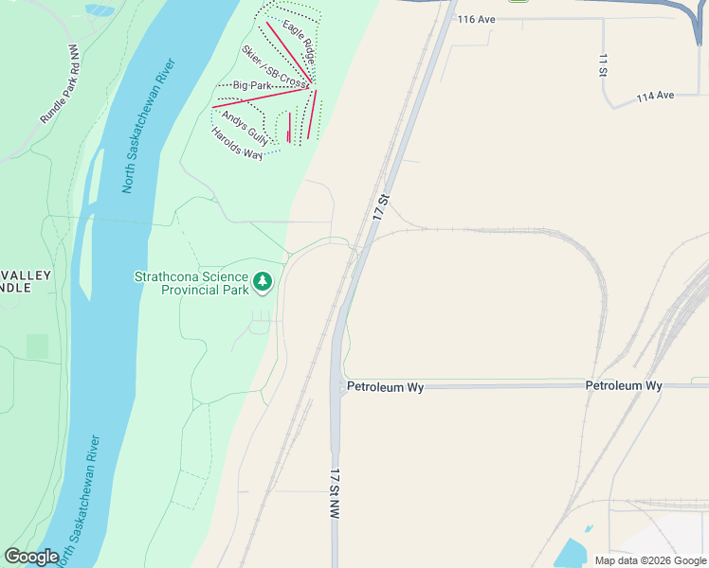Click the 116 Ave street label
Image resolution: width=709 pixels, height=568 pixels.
(x=477, y=19)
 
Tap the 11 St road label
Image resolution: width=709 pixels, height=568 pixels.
(x=602, y=64)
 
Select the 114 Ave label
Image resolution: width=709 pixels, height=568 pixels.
(x=655, y=97)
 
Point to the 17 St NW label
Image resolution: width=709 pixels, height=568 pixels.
(x=335, y=492)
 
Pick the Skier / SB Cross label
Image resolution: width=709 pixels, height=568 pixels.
(x=275, y=68)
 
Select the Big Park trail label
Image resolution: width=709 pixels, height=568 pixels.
(x=245, y=86)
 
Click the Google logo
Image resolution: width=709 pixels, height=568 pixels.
(x=31, y=557)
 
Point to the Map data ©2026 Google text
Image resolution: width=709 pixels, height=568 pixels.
(x=649, y=560)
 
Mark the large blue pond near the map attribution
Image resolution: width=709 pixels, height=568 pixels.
(x=572, y=553)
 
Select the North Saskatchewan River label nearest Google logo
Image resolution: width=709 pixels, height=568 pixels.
(x=81, y=497)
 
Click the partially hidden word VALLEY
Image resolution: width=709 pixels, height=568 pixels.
(x=26, y=275)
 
